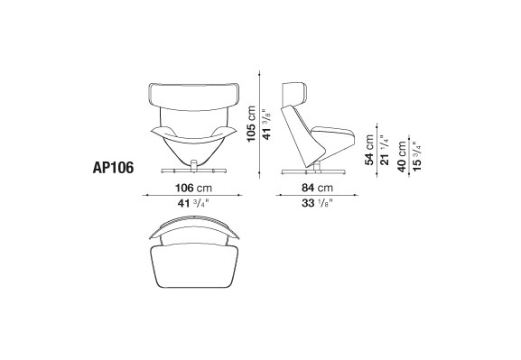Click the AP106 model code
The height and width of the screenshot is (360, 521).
click(x=113, y=168)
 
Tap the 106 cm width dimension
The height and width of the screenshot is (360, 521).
click(x=193, y=188)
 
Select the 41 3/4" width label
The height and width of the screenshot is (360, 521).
click(x=192, y=203)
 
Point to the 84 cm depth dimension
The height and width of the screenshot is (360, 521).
click(x=317, y=188)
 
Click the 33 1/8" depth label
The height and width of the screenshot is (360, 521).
click(x=317, y=203)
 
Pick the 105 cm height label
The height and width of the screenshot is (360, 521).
click(x=251, y=124)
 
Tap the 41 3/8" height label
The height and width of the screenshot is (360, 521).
click(x=266, y=125)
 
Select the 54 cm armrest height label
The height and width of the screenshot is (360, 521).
click(x=369, y=150)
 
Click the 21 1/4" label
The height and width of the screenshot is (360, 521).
click(x=385, y=150)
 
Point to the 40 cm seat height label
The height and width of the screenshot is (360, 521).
click(x=402, y=156)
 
